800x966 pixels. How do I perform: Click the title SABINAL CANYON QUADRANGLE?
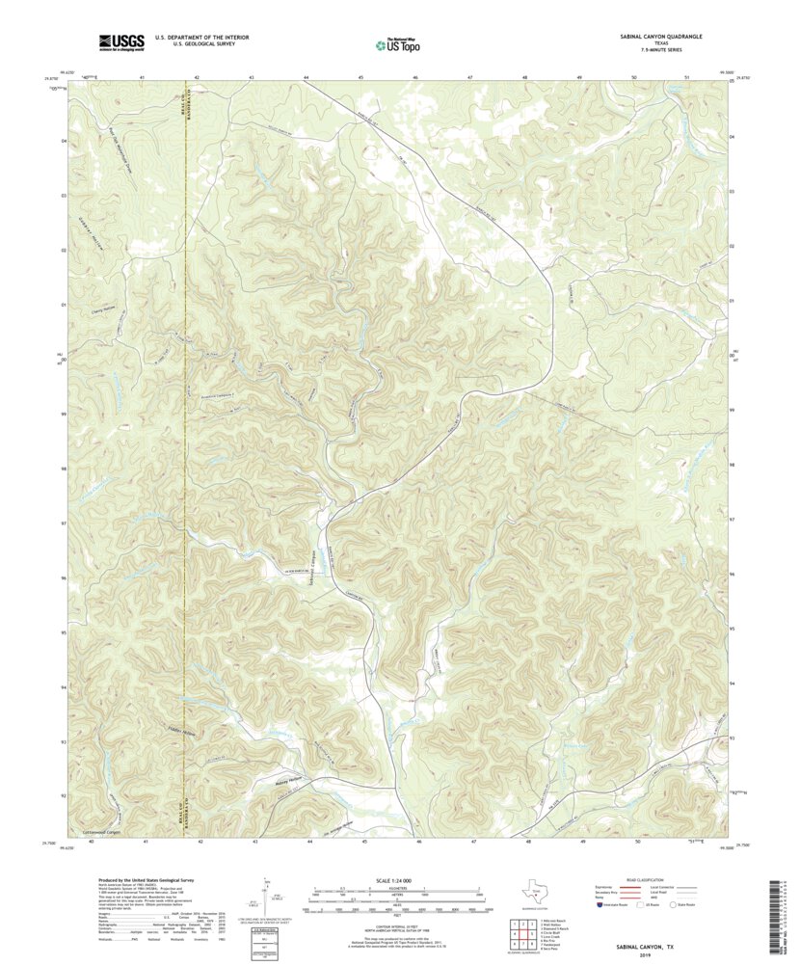point(660,36)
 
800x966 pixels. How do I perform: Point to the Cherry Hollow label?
point(90,309)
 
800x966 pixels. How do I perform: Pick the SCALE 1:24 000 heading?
point(398,879)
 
